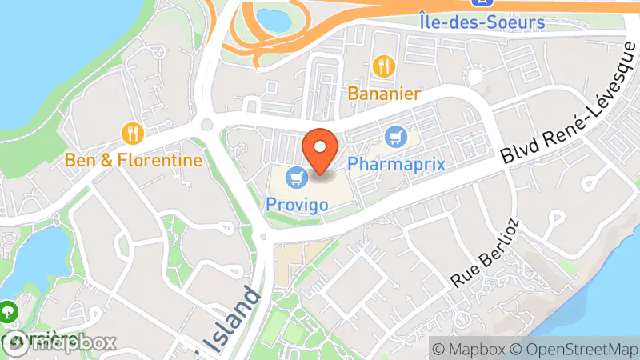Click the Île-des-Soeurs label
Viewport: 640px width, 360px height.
482,22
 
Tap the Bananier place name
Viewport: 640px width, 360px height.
384,94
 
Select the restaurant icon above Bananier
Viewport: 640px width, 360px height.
385,65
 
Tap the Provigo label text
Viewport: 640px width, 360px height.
297,204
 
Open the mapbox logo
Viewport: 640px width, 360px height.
60,342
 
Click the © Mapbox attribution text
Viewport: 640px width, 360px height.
468,349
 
